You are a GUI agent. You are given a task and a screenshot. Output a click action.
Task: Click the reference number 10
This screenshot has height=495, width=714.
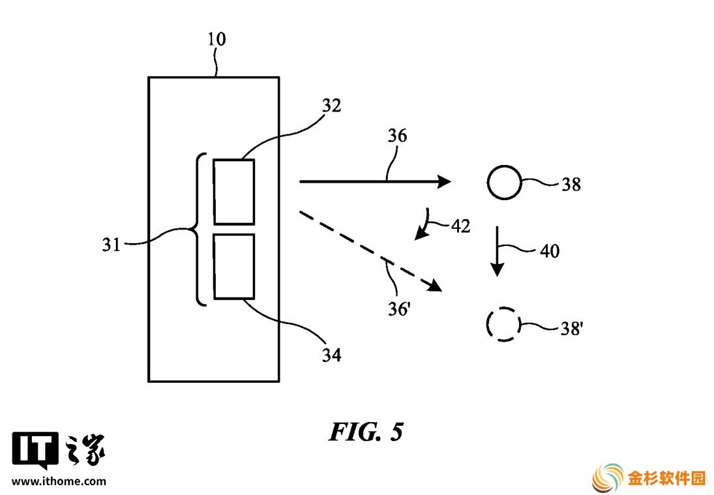pyautogui.click(x=216, y=40)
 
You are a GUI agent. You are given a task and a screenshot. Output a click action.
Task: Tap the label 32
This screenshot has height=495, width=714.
pyautogui.click(x=331, y=106)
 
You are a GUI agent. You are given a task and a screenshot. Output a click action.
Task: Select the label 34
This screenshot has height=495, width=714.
pyautogui.click(x=331, y=355)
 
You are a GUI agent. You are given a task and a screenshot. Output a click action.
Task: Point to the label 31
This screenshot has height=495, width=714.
pyautogui.click(x=112, y=245)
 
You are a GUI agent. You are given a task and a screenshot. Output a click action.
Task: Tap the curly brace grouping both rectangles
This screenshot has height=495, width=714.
pyautogui.click(x=197, y=230)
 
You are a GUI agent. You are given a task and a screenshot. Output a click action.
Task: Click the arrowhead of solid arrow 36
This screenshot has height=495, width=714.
pyautogui.click(x=444, y=181)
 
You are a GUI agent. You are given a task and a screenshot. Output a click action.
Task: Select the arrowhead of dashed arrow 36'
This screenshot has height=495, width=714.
pyautogui.click(x=435, y=286)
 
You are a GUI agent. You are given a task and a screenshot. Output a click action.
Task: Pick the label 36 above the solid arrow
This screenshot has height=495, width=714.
pyautogui.click(x=397, y=136)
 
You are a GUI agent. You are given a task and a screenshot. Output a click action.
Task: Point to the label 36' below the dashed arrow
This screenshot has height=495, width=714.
pyautogui.click(x=399, y=309)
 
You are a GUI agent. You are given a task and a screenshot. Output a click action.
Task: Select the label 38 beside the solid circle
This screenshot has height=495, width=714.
pyautogui.click(x=571, y=185)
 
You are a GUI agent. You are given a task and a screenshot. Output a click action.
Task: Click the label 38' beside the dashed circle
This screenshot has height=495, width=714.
pyautogui.click(x=572, y=328)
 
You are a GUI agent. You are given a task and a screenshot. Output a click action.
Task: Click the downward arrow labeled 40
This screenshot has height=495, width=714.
pyautogui.click(x=498, y=251)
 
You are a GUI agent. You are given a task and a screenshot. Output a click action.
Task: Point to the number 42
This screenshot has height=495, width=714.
pyautogui.click(x=460, y=226)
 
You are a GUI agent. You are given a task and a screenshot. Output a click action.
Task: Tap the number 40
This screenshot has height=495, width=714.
pyautogui.click(x=550, y=251)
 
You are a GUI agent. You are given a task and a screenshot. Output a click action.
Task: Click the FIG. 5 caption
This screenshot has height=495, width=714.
pyautogui.click(x=366, y=431)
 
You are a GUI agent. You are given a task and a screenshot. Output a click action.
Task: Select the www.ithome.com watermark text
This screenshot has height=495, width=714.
pyautogui.click(x=59, y=481)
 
